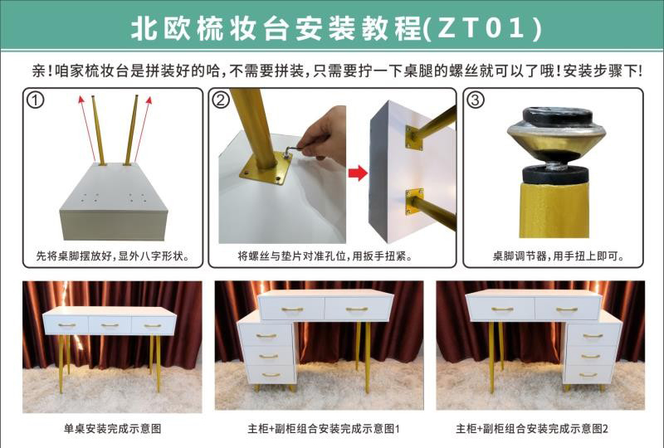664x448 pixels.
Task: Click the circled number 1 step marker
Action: (x=35, y=100)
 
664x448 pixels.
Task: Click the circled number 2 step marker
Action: (x=221, y=100)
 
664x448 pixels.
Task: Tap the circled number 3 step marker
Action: (x=475, y=100)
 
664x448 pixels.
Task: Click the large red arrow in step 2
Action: (x=358, y=173)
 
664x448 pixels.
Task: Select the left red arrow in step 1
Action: (x=88, y=129)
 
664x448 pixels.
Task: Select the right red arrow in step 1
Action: (x=143, y=129)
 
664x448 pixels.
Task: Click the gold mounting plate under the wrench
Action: (x=266, y=168)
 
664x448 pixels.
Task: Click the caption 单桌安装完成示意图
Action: (x=113, y=429)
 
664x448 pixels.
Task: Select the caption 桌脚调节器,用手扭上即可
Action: (x=558, y=256)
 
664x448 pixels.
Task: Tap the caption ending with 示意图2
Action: (x=532, y=429)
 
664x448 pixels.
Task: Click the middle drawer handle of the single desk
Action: (x=110, y=325)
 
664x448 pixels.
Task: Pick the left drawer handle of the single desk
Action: (x=66, y=325)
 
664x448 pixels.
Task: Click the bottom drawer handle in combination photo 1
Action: (x=271, y=375)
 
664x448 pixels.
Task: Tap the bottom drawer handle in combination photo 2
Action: (x=588, y=375)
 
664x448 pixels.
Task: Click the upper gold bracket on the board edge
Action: (x=414, y=137)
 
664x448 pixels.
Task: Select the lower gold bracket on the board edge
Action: (x=414, y=202)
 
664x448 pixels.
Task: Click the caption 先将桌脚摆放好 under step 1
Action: (x=74, y=256)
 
